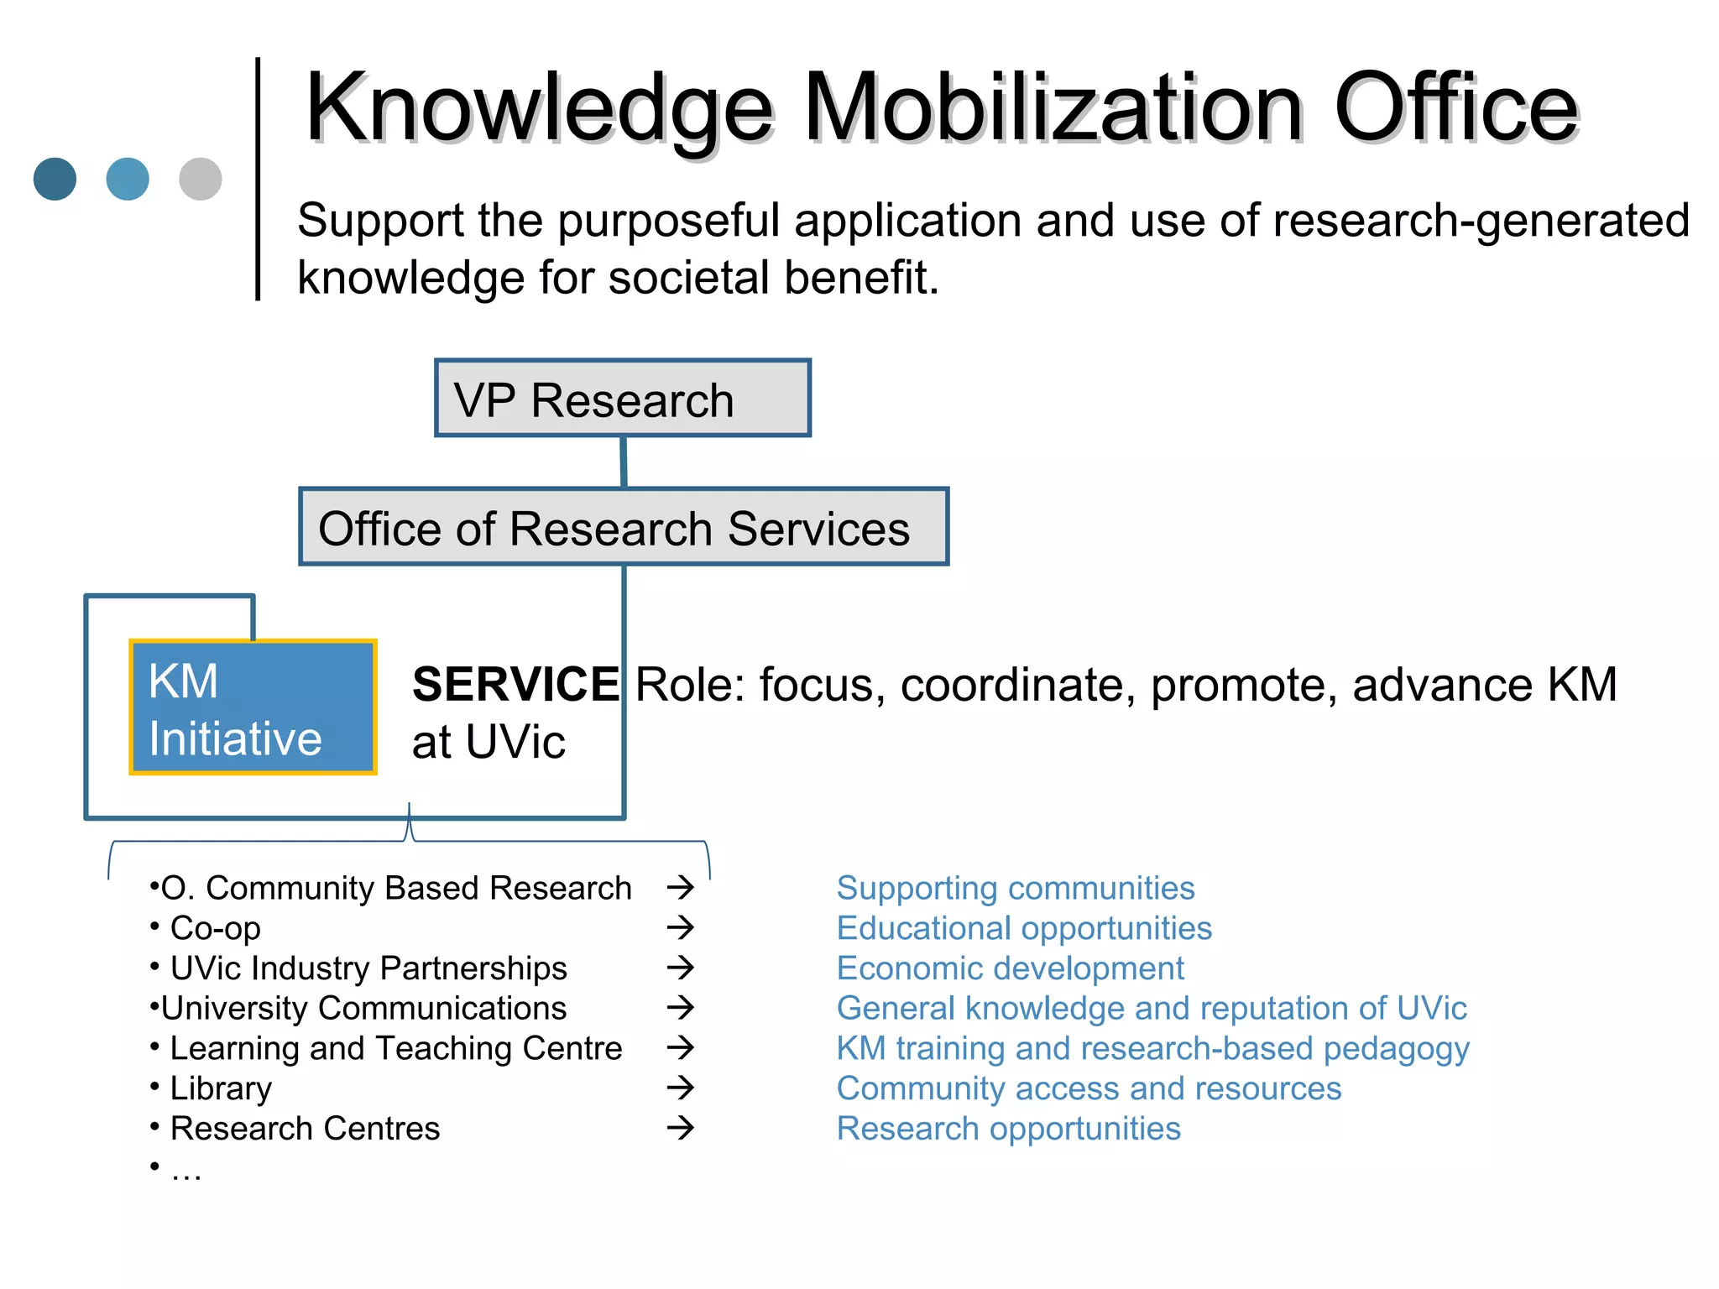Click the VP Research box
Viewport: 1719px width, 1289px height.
click(x=622, y=399)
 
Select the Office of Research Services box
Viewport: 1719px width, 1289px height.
click(x=624, y=527)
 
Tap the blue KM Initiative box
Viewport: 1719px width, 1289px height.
click(x=253, y=707)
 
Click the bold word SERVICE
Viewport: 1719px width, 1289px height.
click(x=515, y=685)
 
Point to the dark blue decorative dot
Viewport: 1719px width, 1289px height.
click(x=55, y=179)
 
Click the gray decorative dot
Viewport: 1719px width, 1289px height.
click(x=201, y=179)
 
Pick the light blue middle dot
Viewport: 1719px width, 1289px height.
click(x=128, y=179)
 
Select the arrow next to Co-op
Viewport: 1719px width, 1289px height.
click(x=681, y=927)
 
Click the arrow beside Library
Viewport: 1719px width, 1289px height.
click(x=681, y=1088)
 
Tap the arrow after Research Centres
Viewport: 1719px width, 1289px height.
click(x=681, y=1127)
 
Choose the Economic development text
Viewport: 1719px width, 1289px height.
click(x=1010, y=968)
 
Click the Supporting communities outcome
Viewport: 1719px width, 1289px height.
click(x=1016, y=888)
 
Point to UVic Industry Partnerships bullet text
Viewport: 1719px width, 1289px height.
click(x=368, y=968)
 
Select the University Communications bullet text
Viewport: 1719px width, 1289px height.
click(x=363, y=1008)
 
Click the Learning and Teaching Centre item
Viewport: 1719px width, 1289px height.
click(x=396, y=1048)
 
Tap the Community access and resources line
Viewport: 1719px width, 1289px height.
click(x=1089, y=1088)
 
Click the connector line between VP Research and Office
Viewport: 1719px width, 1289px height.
click(x=624, y=462)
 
